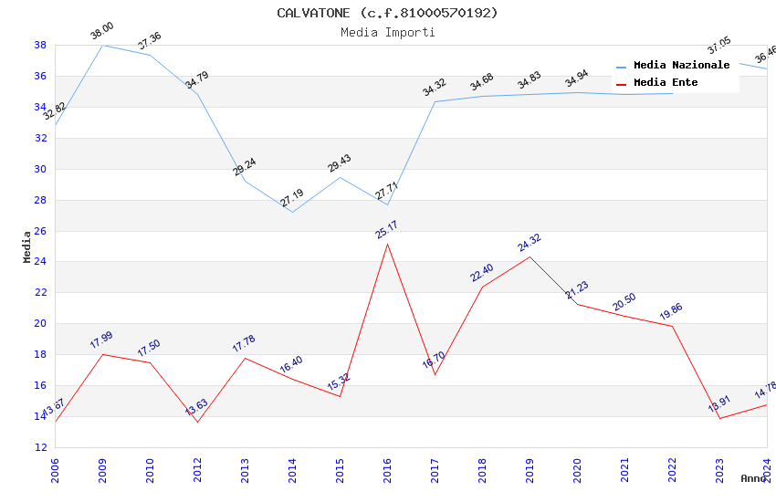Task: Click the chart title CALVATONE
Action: click(387, 13)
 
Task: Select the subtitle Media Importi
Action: click(387, 32)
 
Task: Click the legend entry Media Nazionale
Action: click(681, 66)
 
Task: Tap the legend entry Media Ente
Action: click(666, 83)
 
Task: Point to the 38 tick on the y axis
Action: click(40, 45)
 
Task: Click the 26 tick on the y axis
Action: click(40, 231)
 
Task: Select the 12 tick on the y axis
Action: click(40, 447)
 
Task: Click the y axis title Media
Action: click(26, 246)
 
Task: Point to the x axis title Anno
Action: click(753, 478)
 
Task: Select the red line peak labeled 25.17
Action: click(387, 244)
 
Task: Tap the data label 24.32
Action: click(530, 242)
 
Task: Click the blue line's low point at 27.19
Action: click(292, 212)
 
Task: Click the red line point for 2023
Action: click(719, 418)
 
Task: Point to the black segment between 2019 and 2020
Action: click(553, 280)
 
